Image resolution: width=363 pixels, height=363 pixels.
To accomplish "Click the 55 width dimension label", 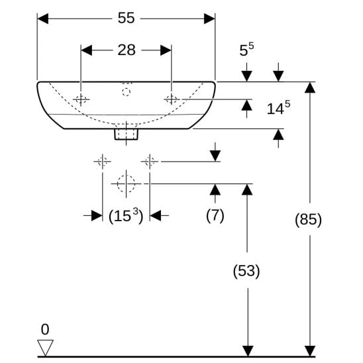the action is point(126,18).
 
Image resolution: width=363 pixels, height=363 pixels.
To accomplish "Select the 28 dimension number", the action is point(127,50).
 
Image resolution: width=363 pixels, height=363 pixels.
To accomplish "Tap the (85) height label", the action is point(309,219).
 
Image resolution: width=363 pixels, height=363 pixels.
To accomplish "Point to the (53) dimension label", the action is point(246,271).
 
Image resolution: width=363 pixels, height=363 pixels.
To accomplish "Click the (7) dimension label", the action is point(215,215).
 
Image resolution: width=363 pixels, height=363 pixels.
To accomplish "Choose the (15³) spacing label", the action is point(126,215).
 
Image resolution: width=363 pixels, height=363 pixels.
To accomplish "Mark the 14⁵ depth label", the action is point(278,108).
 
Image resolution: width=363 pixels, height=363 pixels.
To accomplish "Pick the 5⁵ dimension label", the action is point(246,49).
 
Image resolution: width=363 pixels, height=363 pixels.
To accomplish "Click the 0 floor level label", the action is point(45,329).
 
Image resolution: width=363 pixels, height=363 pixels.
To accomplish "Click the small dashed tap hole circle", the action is point(126,92).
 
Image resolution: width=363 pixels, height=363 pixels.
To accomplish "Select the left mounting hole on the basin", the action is point(81,99).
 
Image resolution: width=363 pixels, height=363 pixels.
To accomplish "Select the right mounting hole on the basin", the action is point(172,99).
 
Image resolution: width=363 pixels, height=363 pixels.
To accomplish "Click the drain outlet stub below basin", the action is point(126,134).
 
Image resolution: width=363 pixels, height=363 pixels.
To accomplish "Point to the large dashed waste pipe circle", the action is point(126,183).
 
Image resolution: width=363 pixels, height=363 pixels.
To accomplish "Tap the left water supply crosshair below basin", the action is point(102,162).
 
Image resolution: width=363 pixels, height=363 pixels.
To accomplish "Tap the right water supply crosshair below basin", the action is point(150,162).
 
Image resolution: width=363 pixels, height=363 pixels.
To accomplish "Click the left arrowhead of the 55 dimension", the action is point(43,19).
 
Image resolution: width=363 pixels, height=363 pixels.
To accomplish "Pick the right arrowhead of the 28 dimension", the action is point(166,50).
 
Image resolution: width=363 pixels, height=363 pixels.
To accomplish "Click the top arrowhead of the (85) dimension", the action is point(310,87).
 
